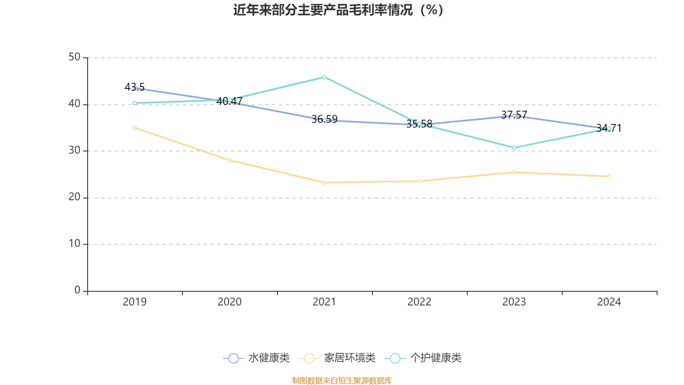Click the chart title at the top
[x=338, y=10]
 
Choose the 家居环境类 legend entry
[x=337, y=358]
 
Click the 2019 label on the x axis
[x=135, y=302]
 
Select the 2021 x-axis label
[x=324, y=302]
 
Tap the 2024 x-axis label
[x=609, y=302]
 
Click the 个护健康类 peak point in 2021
[x=324, y=77]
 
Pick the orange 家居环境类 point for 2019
[x=135, y=127]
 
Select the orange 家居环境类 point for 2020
[x=230, y=160]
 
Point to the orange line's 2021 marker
[x=324, y=183]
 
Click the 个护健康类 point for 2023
[x=514, y=148]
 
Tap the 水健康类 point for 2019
[x=135, y=88]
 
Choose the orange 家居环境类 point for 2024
[x=609, y=176]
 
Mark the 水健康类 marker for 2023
[x=514, y=116]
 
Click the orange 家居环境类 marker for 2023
[x=514, y=172]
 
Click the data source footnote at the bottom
[x=342, y=380]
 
